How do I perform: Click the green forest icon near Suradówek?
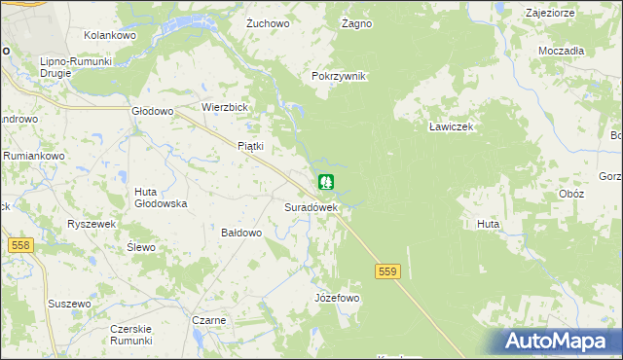[x=326, y=182]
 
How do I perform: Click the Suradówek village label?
[x=311, y=207]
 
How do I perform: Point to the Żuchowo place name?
[x=269, y=22]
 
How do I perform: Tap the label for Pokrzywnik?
[x=338, y=77]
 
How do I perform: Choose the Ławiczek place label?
[x=451, y=126]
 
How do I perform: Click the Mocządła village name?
[x=560, y=51]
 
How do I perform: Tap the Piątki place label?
[x=251, y=146]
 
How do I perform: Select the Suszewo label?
[x=69, y=305]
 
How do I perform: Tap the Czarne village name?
[x=209, y=320]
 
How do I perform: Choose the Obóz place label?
[x=572, y=194]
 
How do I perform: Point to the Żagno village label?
[x=357, y=22]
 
